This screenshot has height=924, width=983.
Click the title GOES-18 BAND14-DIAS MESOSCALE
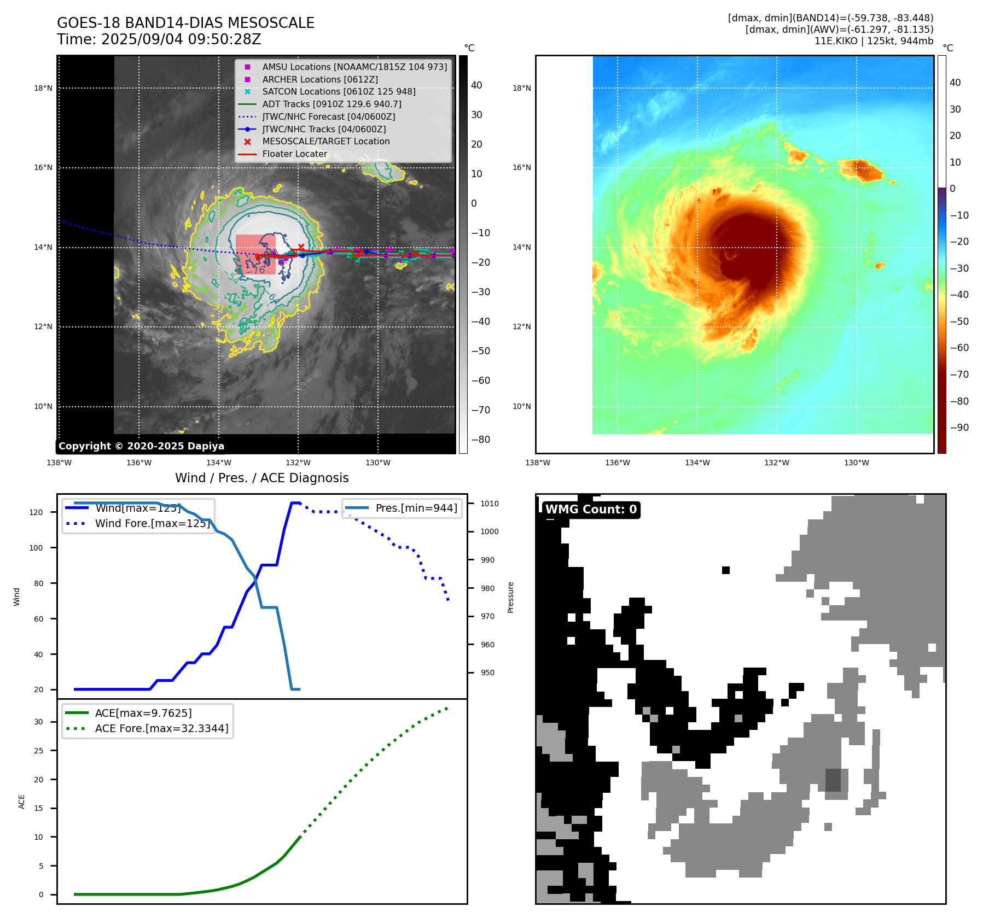coord(185,23)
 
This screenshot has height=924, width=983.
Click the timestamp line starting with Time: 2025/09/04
coord(159,39)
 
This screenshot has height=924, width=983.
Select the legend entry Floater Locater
coord(294,154)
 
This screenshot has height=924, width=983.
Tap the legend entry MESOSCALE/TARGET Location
coord(325,142)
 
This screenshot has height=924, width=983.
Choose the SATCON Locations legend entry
coord(339,92)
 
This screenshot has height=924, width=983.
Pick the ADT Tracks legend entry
coord(331,104)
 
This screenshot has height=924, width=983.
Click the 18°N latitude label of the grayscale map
coord(43,88)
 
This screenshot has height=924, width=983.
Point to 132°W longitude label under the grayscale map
coord(298,463)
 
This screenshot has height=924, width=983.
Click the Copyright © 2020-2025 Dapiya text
coord(141,446)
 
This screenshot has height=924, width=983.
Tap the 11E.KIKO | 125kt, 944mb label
coord(874,41)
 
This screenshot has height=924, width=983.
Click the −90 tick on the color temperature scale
coord(959,428)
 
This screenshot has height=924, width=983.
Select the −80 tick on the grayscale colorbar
coord(481,440)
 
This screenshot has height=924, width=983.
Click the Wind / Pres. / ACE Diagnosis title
coord(261,478)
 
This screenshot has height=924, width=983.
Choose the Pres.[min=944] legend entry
coord(416,508)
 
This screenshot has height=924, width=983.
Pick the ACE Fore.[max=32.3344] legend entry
coord(161,728)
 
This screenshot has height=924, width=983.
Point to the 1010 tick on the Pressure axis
coord(490,504)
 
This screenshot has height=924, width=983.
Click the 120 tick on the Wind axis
coord(36,512)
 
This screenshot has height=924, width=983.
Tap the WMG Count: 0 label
coord(591,510)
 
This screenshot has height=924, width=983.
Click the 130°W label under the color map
coord(856,463)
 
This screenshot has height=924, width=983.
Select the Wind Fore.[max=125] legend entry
coord(152,523)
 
